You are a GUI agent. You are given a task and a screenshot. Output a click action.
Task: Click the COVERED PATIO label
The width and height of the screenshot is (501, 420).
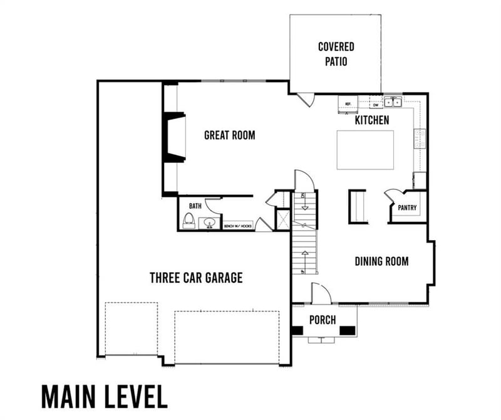click(x=336, y=54)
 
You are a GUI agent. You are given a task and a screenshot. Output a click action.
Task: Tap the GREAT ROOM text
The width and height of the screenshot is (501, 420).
click(x=229, y=135)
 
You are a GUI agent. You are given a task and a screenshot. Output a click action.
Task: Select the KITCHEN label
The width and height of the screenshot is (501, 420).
click(x=372, y=120)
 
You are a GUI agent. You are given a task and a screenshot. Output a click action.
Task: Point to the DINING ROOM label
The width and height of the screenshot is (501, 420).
click(x=381, y=261)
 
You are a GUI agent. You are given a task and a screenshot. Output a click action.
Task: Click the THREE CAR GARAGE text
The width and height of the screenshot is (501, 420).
click(x=195, y=277)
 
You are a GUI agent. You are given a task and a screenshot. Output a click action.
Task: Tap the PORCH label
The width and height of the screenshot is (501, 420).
click(x=323, y=320)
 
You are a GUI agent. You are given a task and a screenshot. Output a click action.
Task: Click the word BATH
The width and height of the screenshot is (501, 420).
click(x=195, y=205)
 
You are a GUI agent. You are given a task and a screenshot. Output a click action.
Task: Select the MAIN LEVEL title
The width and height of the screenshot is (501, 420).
click(x=104, y=396)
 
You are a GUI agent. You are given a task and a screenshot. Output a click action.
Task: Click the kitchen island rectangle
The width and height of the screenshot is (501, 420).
click(x=365, y=149)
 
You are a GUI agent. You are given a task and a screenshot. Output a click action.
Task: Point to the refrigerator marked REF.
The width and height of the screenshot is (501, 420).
click(x=347, y=103)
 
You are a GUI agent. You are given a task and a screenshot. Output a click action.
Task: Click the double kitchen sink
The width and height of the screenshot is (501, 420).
click(x=393, y=102)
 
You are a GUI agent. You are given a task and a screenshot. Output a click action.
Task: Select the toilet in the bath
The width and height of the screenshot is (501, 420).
click(x=188, y=221)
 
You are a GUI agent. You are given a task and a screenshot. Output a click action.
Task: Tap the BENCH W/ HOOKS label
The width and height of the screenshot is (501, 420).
click(x=239, y=226)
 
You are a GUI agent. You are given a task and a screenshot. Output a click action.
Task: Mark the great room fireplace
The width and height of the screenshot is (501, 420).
click(x=173, y=138)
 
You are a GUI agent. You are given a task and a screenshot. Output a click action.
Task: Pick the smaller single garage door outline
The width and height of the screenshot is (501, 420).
click(x=131, y=329)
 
